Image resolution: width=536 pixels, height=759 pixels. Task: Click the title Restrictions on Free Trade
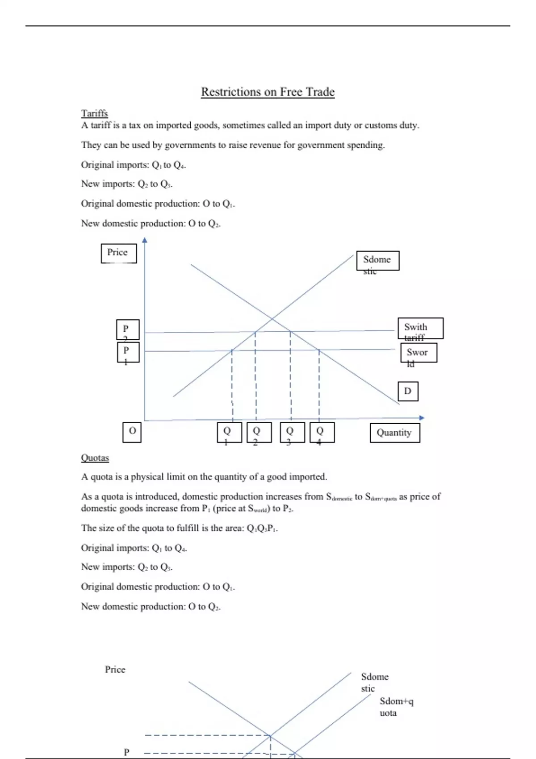tap(268, 92)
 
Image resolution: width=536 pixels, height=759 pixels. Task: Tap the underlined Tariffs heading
tap(94, 113)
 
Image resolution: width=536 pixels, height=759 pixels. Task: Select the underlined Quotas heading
tap(95, 458)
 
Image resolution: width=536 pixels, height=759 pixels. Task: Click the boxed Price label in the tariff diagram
tap(118, 253)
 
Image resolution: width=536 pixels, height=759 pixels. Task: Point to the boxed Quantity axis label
tap(394, 433)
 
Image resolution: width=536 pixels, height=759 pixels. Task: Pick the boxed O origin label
tap(132, 432)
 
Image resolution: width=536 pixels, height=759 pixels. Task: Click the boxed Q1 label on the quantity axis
tap(229, 432)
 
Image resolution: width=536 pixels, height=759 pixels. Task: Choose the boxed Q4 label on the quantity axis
tap(322, 432)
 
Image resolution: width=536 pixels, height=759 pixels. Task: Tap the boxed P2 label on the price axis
tap(128, 329)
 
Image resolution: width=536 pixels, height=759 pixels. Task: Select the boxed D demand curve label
tap(408, 391)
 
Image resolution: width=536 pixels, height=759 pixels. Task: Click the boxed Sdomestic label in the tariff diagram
tap(377, 261)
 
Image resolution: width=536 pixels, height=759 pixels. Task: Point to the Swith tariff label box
tap(420, 329)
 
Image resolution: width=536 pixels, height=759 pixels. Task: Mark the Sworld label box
tap(419, 353)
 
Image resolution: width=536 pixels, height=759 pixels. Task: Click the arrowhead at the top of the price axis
tap(144, 240)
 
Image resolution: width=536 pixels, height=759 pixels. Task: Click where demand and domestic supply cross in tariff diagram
tap(272, 318)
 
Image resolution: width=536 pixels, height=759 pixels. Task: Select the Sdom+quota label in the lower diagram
tap(396, 707)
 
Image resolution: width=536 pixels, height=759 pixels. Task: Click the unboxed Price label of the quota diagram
tap(115, 669)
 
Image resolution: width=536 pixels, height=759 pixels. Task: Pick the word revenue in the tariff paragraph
tap(266, 145)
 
